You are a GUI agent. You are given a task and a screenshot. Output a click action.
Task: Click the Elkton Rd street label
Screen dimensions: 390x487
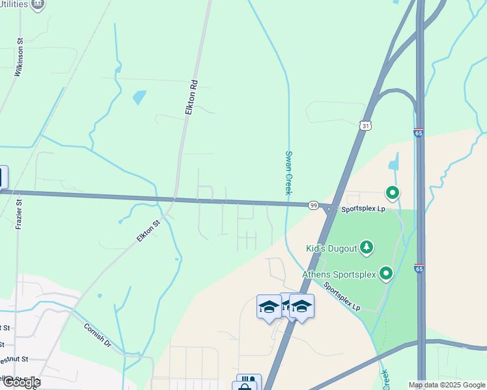[x=191, y=98]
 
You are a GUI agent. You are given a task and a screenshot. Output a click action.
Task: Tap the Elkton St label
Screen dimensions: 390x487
[x=149, y=231]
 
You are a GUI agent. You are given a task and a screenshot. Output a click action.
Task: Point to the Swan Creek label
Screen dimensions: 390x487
[x=288, y=173]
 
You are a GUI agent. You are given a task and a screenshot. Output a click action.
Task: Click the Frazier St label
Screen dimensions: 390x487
[x=19, y=215]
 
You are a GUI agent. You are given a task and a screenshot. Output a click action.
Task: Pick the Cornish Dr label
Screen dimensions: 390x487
[x=98, y=335]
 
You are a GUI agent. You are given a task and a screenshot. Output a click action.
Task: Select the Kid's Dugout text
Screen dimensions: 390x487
[x=331, y=248]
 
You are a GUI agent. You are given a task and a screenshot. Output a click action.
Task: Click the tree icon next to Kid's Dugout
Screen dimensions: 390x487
[x=367, y=248]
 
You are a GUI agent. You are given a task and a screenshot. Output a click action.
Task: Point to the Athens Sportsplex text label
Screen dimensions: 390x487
[x=339, y=274]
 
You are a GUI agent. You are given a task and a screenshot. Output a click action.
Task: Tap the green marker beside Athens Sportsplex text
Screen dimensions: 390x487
[x=387, y=274]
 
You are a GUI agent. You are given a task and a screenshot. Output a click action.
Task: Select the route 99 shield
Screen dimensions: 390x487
[x=313, y=205]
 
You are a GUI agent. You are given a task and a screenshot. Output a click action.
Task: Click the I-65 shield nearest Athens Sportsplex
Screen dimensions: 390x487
[x=419, y=268]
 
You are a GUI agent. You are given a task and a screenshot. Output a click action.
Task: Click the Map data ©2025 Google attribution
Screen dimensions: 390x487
[x=447, y=385]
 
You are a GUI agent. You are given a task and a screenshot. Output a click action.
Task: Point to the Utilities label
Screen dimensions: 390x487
[x=14, y=5]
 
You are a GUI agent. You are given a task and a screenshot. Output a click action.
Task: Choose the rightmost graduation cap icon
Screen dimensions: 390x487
[x=301, y=305]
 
